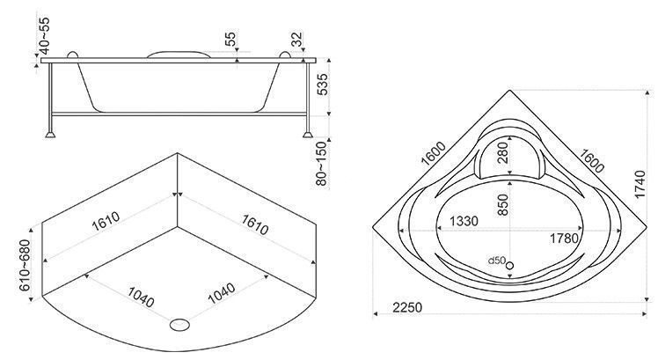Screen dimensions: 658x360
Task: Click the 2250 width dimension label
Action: pos(407,307)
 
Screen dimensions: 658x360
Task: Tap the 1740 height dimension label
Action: pos(640,184)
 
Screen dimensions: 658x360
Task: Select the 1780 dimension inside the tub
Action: pos(565,239)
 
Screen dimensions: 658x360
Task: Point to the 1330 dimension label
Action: pos(464,221)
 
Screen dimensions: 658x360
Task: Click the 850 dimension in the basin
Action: pos(502,204)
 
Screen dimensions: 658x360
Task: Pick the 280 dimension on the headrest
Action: pos(502,153)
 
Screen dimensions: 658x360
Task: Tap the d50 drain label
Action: pos(496,261)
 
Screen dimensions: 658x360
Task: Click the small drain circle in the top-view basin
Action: pos(510,265)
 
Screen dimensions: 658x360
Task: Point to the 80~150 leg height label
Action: pos(321,164)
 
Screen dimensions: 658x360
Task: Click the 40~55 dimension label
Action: pos(44,36)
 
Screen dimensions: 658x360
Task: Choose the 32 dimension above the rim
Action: pos(296,40)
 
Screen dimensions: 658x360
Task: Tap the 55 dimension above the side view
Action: pos(230,39)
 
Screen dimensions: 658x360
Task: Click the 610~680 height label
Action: pos(25,265)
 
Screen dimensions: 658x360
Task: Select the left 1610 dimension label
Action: pos(106,221)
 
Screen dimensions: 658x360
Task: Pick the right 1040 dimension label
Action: pos(221,293)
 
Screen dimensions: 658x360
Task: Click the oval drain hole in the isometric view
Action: pos(179,324)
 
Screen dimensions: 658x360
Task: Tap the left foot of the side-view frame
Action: pos(50,135)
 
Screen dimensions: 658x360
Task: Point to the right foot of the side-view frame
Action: pos(308,135)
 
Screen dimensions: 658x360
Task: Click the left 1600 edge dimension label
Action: pos(433,154)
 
